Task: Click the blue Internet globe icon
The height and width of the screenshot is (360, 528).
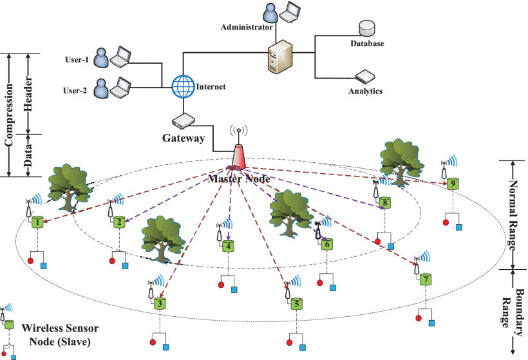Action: pyautogui.click(x=183, y=86)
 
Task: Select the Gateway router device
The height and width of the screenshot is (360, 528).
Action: pyautogui.click(x=183, y=120)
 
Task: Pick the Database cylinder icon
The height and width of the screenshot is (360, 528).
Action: pyautogui.click(x=367, y=29)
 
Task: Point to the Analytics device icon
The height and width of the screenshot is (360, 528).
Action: pyautogui.click(x=364, y=77)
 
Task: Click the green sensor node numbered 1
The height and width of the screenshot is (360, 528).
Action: pyautogui.click(x=39, y=222)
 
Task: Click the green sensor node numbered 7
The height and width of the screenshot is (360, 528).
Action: pyautogui.click(x=425, y=280)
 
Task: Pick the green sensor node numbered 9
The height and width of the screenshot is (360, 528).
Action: pyautogui.click(x=453, y=184)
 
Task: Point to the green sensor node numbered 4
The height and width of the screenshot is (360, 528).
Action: pyautogui.click(x=228, y=245)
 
